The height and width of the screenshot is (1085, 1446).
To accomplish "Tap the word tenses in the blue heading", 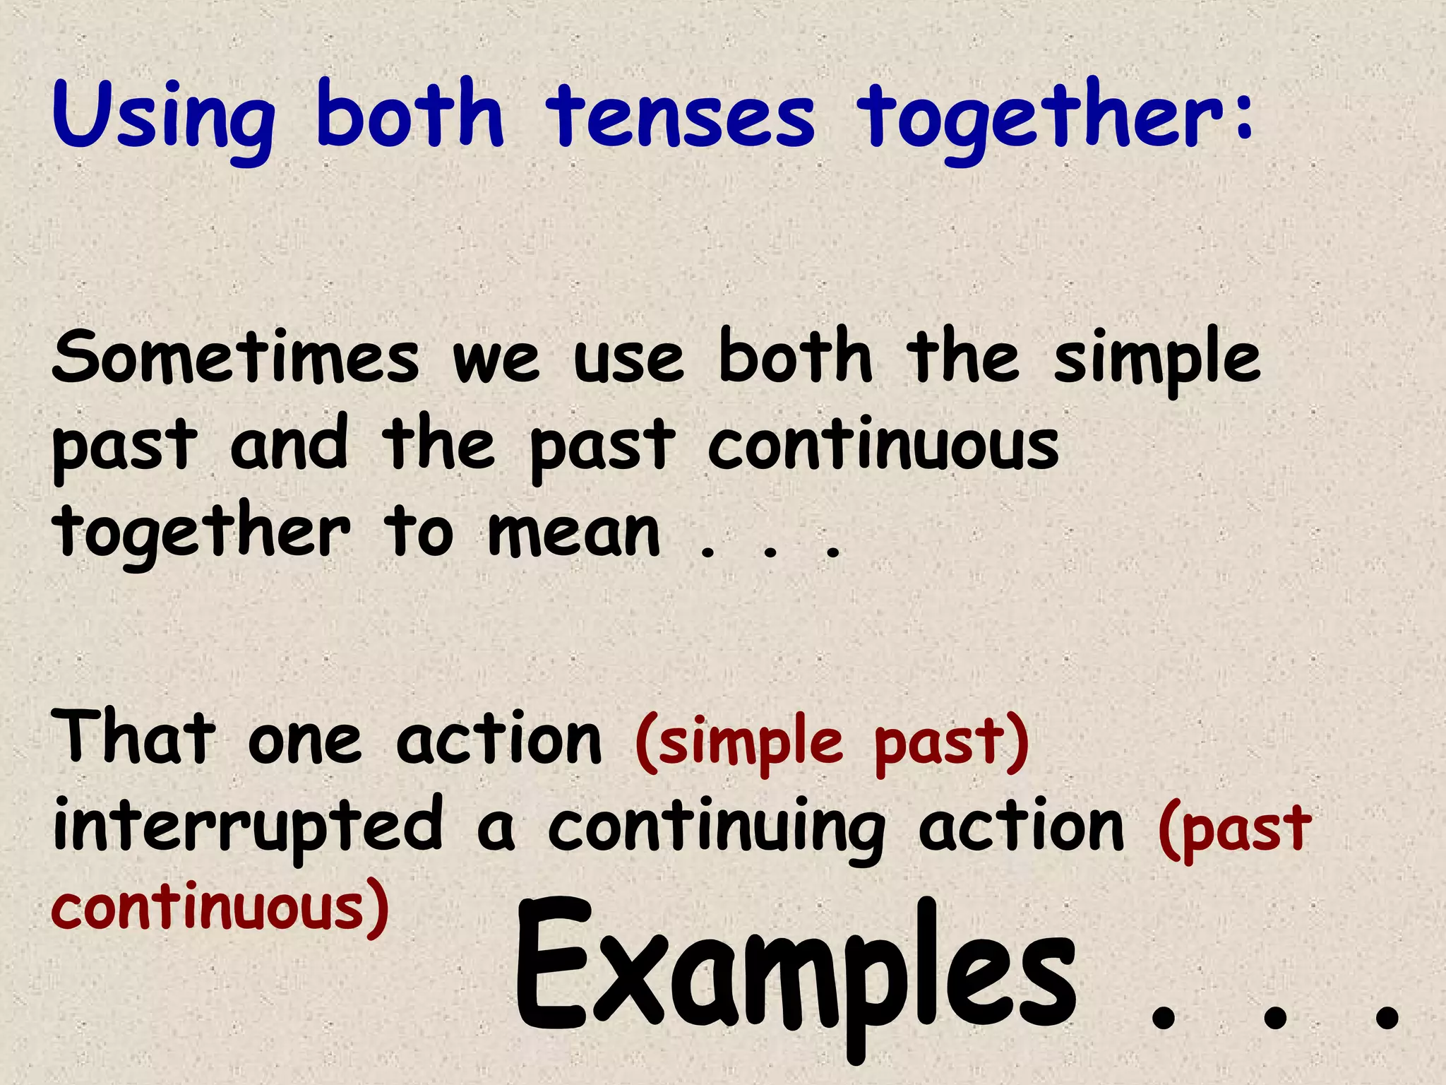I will (681, 117).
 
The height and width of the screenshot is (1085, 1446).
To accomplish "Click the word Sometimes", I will (236, 357).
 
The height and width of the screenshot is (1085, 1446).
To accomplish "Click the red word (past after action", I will (1234, 831).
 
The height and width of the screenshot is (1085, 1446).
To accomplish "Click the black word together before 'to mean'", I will (201, 533).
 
